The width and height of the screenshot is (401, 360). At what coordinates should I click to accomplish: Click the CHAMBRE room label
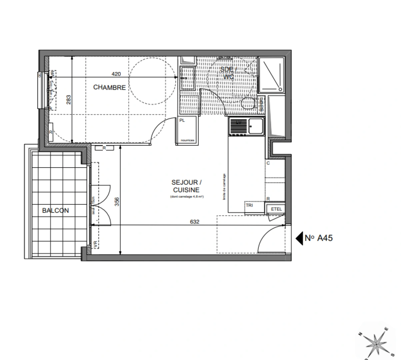click(x=109, y=87)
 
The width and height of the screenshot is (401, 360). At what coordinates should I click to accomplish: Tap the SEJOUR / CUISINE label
click(x=186, y=186)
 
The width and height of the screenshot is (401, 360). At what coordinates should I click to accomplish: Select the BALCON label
click(x=55, y=210)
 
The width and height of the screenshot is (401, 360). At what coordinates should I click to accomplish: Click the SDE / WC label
click(x=228, y=73)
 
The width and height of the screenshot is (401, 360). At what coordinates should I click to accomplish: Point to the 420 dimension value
click(x=116, y=74)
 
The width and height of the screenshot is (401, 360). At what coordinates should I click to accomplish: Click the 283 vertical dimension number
click(x=69, y=100)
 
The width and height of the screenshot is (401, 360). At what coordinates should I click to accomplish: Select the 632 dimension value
click(x=194, y=221)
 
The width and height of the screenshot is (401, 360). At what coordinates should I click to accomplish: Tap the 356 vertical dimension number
click(x=116, y=202)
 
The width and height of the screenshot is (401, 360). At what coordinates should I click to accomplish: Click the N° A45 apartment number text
click(x=319, y=238)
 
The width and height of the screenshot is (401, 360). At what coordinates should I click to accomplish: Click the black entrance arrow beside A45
click(x=299, y=238)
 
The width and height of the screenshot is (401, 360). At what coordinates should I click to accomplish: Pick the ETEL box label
click(x=276, y=209)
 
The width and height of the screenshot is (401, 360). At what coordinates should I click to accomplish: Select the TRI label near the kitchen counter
click(x=249, y=205)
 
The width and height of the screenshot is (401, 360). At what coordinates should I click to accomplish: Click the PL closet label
click(x=182, y=120)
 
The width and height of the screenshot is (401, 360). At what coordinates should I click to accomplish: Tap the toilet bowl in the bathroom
click(x=248, y=104)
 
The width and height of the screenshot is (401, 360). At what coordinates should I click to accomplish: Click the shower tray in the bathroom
click(x=272, y=75)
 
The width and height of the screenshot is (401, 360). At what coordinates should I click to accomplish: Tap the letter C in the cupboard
click(x=268, y=163)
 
